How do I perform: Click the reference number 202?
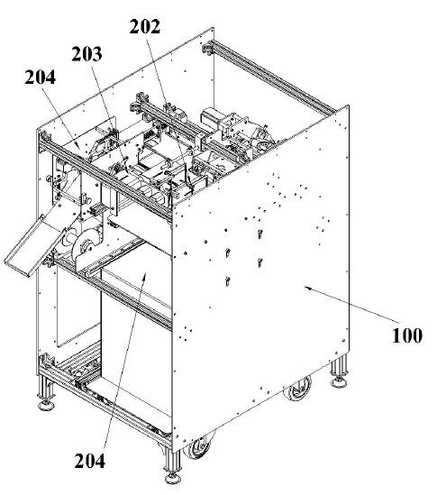pyautogui.click(x=145, y=26)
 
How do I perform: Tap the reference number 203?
pyautogui.click(x=86, y=54)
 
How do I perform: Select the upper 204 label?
pyautogui.click(x=40, y=77)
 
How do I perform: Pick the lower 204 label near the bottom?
pyautogui.click(x=89, y=461)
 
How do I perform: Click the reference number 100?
pyautogui.click(x=407, y=335)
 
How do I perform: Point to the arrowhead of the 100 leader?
pyautogui.click(x=306, y=287)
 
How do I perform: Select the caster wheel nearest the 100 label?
pyautogui.click(x=296, y=389)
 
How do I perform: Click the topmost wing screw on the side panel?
pyautogui.click(x=259, y=234)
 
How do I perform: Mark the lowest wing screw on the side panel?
pyautogui.click(x=227, y=280)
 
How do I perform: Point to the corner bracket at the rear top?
pyautogui.click(x=207, y=49)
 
